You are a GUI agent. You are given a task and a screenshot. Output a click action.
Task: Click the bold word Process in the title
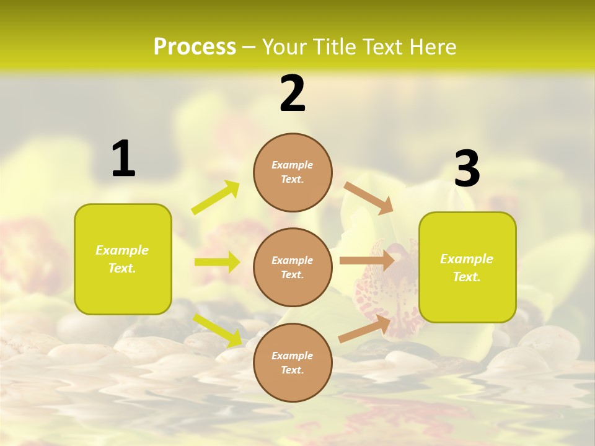(195, 46)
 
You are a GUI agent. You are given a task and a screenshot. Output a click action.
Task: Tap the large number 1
(123, 159)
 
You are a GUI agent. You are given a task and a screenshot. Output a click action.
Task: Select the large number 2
(293, 93)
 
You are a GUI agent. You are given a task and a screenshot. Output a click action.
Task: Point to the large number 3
(467, 169)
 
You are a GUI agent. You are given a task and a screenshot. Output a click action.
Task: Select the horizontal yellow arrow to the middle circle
(217, 262)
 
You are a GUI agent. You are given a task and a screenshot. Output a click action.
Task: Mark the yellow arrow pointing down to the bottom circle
(218, 330)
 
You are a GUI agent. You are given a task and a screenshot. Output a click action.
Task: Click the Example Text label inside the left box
(122, 259)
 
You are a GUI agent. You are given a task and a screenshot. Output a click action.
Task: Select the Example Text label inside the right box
(467, 268)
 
